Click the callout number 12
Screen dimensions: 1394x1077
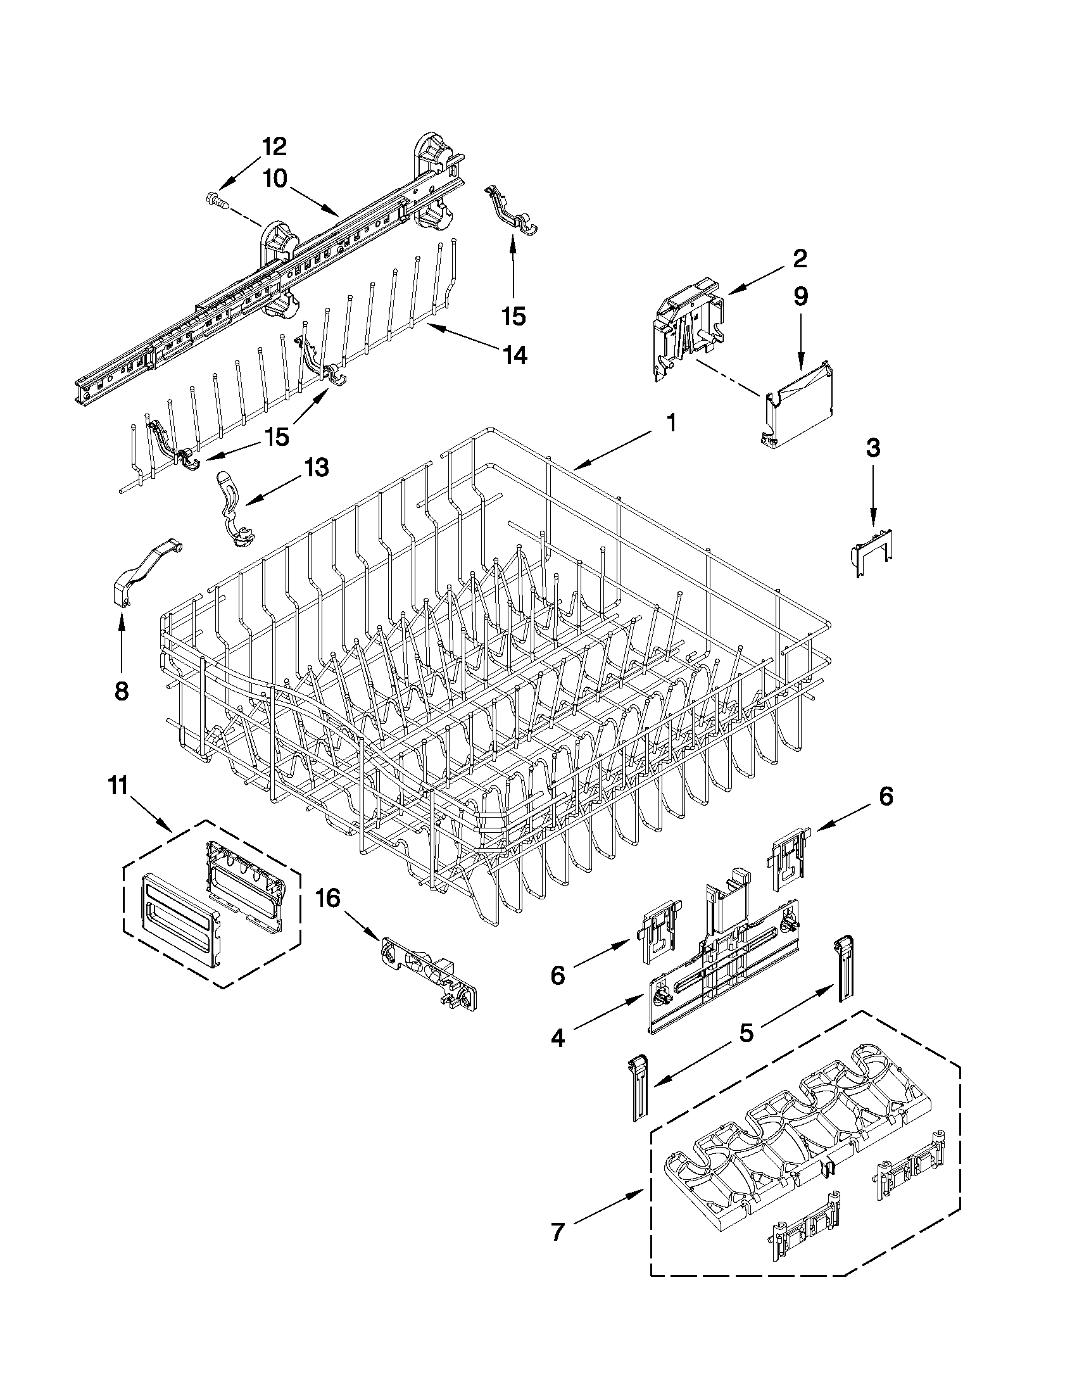[274, 147]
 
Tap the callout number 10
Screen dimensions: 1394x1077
[275, 179]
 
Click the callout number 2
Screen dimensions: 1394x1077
[800, 258]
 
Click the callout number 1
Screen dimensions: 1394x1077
[671, 422]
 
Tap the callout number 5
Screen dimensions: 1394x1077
[746, 1032]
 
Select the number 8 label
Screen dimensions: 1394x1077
[120, 690]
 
